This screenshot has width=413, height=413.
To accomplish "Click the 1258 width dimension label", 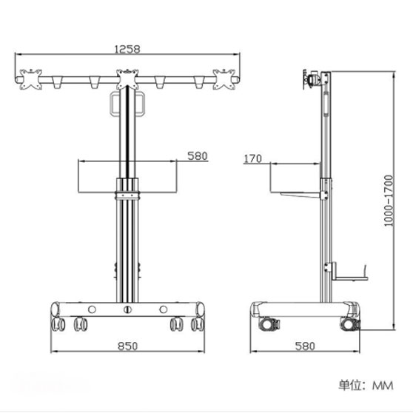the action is (127, 49).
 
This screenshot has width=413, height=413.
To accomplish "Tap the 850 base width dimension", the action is (127, 346).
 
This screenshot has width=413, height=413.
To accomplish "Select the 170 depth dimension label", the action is (253, 158).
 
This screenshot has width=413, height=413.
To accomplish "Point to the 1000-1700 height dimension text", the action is (389, 201).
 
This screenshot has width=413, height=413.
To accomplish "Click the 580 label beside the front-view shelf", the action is (198, 156).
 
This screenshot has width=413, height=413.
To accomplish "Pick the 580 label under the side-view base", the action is (305, 346).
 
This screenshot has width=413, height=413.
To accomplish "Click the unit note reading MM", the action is (383, 386).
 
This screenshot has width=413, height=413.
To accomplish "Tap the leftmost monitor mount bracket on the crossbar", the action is (31, 79).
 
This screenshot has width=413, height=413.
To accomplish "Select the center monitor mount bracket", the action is (127, 78).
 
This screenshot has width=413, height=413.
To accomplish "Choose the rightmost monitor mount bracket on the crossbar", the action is (224, 79).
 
